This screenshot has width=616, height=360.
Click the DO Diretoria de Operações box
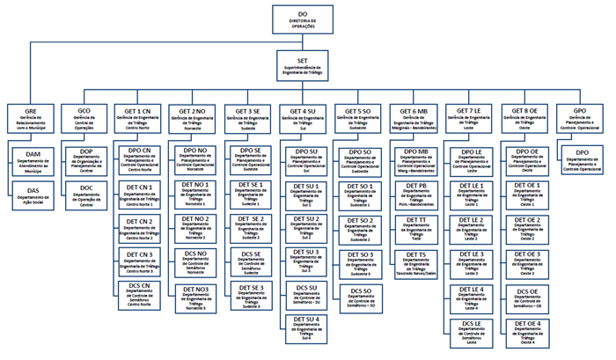303,18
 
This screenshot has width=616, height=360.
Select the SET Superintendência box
303,63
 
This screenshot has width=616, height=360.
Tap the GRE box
31,119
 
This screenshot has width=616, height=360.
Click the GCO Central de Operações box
85,119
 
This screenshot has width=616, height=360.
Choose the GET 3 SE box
248,119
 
